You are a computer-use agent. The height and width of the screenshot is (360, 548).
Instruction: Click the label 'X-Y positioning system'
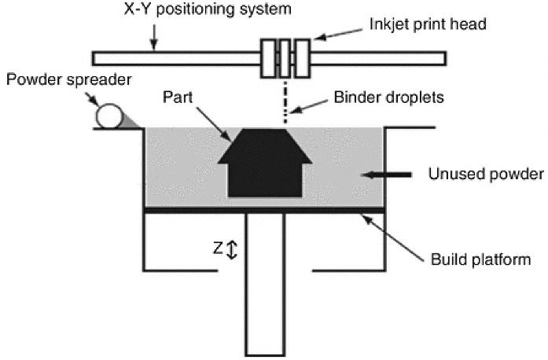tap(208, 9)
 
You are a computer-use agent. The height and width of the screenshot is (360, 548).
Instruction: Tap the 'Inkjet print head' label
tap(428, 24)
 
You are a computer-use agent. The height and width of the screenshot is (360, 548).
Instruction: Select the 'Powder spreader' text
tap(69, 80)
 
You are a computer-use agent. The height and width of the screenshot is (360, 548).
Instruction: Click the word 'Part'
tap(178, 97)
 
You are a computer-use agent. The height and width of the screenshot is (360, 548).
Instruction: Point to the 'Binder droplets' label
tap(388, 97)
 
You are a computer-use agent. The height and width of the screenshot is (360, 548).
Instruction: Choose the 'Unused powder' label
tap(486, 174)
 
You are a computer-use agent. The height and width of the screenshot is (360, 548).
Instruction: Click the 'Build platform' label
tap(480, 259)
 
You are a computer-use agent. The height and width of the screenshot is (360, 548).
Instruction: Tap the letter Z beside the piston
tap(218, 248)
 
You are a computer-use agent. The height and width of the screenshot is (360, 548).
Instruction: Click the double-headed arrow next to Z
tap(232, 249)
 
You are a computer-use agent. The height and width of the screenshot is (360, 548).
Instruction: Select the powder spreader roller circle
tap(108, 116)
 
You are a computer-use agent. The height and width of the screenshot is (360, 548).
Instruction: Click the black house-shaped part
tap(265, 163)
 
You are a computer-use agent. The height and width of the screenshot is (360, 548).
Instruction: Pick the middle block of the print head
tap(285, 58)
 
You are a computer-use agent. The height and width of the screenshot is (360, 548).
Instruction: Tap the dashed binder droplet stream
tap(285, 102)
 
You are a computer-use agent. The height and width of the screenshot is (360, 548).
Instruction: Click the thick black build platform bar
tap(264, 211)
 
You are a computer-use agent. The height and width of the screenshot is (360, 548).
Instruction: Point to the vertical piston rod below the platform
tap(265, 285)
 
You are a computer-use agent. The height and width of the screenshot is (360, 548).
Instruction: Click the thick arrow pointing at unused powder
tap(386, 174)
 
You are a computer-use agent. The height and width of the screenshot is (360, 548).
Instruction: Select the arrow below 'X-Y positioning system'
tap(154, 37)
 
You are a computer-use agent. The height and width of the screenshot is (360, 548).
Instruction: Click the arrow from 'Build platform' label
tap(392, 238)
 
